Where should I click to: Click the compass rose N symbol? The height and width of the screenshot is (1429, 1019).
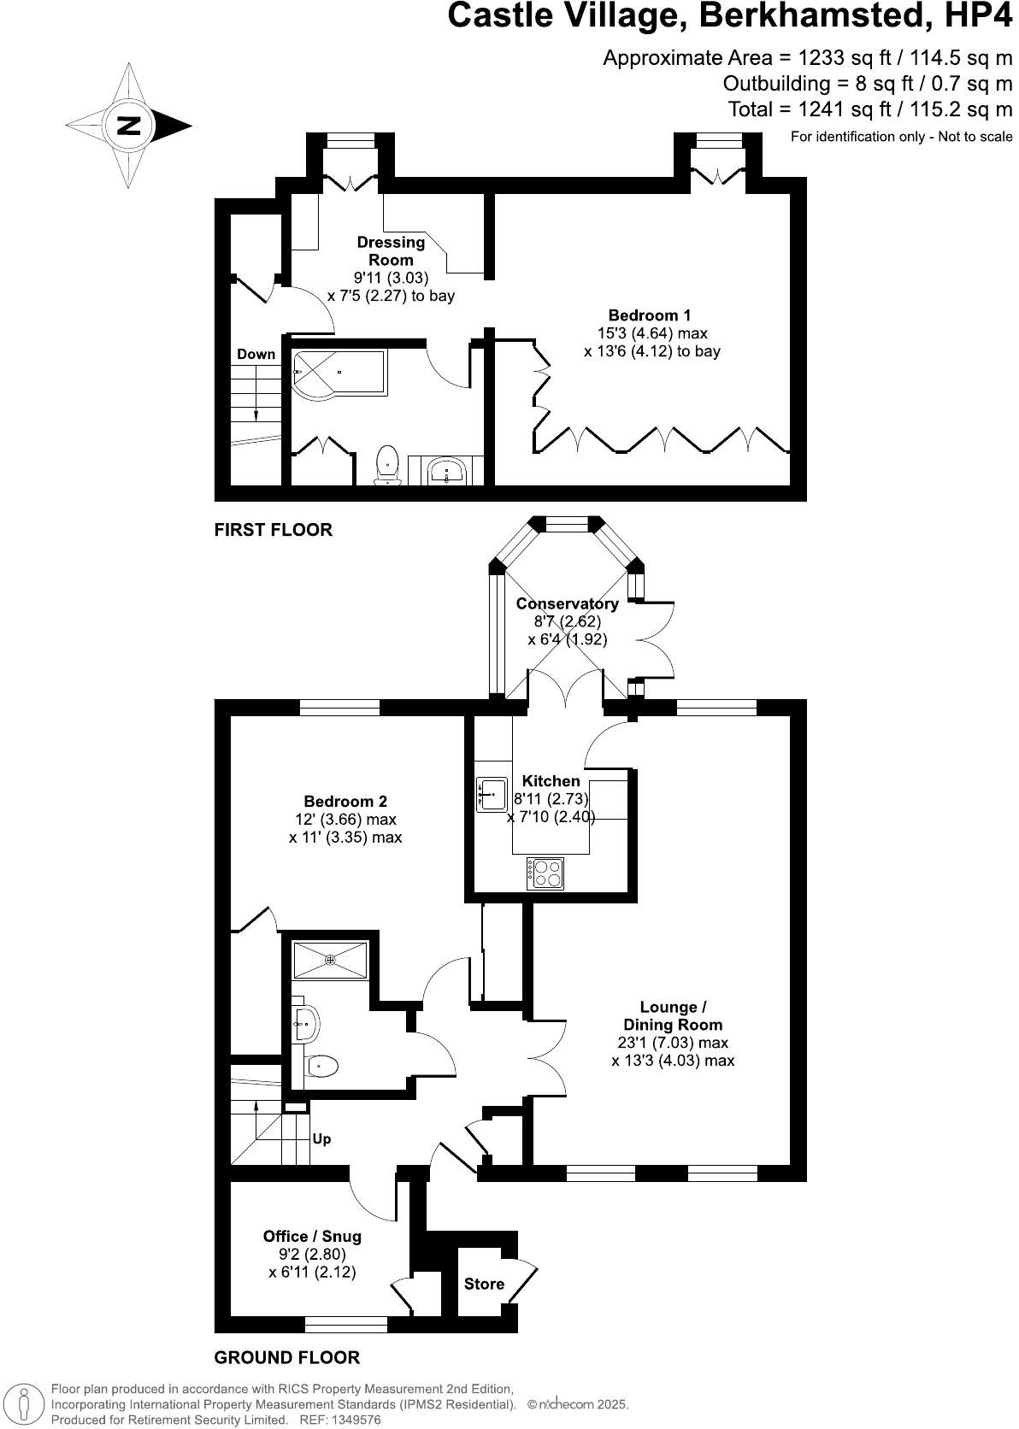point(129,126)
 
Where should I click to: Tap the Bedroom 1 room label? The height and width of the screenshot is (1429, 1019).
point(649,315)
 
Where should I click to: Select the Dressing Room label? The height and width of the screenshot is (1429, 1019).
point(391,251)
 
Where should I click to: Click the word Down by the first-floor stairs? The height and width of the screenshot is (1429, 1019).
point(256,354)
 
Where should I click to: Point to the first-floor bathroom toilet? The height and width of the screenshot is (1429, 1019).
point(389,464)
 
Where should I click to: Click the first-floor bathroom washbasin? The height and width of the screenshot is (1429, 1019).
point(446,470)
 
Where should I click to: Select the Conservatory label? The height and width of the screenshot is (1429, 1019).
point(567,603)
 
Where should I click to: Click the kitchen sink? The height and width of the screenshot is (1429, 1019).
point(492,794)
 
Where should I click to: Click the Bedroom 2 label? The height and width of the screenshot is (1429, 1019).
point(345,801)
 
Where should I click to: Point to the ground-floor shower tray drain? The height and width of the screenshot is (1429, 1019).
point(330,960)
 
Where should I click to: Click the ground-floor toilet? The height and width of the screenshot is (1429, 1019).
point(321,1065)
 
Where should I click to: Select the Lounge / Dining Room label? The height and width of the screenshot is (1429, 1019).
point(673,1016)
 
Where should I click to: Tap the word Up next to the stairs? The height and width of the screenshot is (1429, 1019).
point(321,1138)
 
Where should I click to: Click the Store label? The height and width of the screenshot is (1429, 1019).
point(484,1284)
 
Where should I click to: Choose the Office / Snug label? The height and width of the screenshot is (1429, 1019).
point(312,1236)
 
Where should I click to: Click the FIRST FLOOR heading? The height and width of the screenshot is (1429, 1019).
point(273,530)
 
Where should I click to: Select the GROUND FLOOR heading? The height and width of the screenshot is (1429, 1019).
point(286,1357)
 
